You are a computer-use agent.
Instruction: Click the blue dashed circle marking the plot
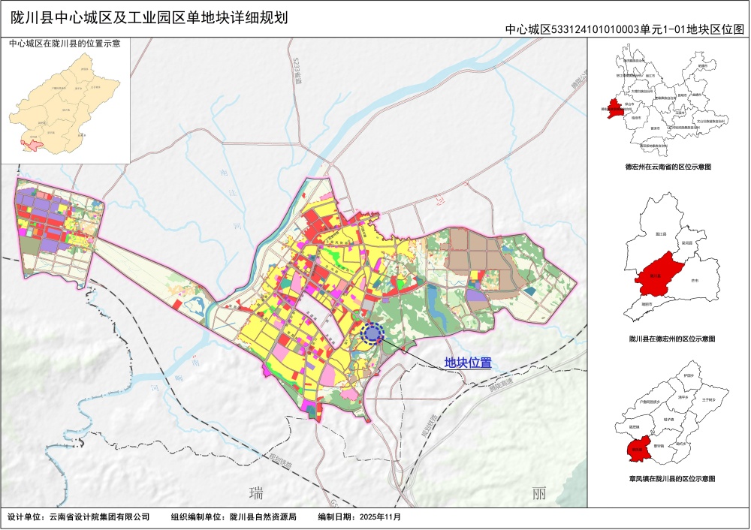pyautogui.click(x=372, y=333)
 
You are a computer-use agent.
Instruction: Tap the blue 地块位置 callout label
pyautogui.click(x=467, y=363)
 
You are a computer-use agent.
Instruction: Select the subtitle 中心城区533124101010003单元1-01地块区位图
pyautogui.click(x=624, y=29)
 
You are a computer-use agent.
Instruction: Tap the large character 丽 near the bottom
pyautogui.click(x=538, y=494)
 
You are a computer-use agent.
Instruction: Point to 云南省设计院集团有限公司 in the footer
pyautogui.click(x=99, y=518)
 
